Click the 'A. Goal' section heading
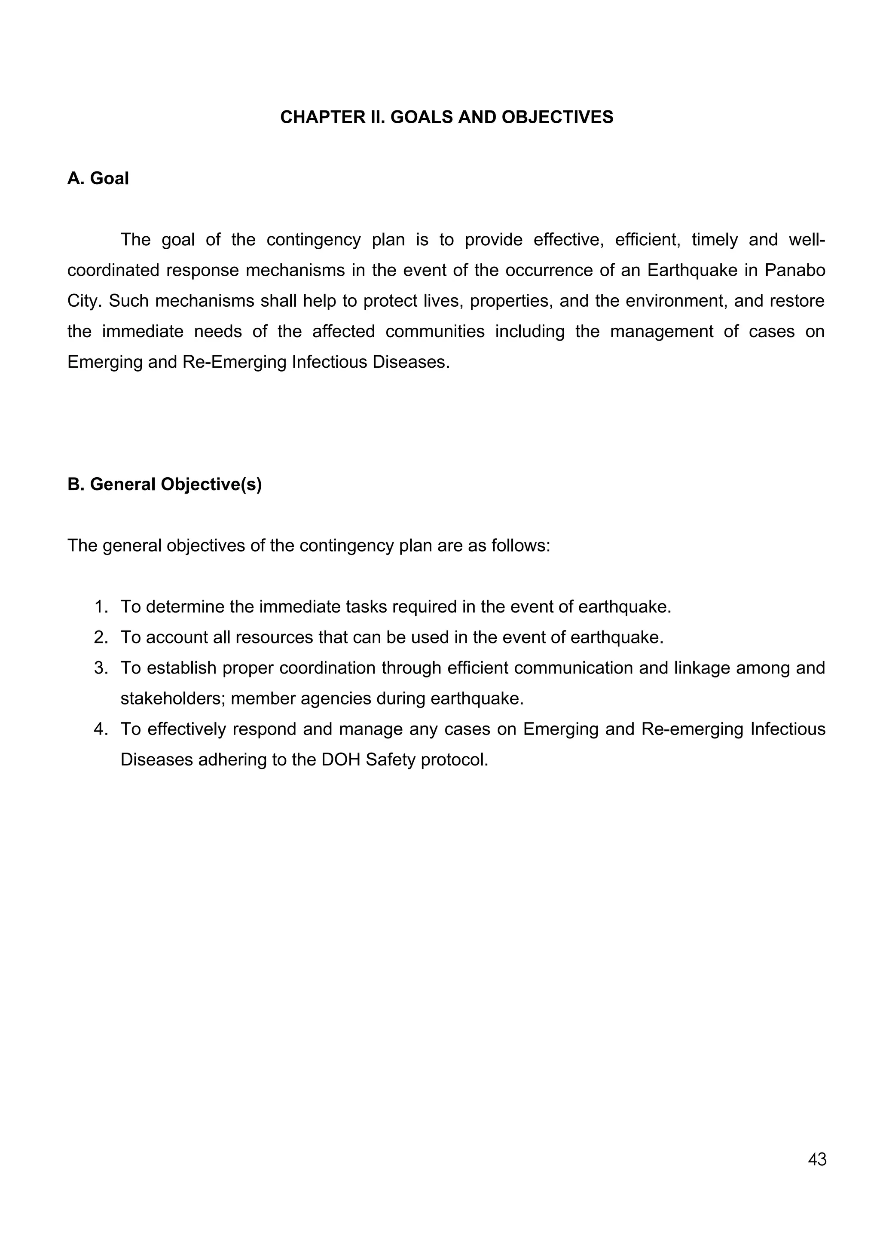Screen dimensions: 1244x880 [98, 178]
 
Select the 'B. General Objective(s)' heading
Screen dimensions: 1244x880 [164, 485]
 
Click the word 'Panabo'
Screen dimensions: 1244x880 [795, 270]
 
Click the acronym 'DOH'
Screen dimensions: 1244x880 [341, 759]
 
